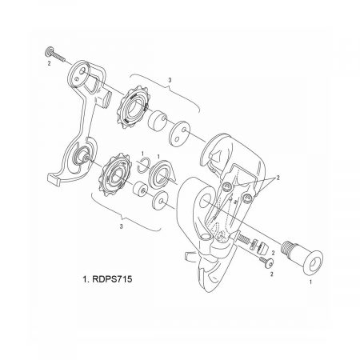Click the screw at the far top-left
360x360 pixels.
[55, 54]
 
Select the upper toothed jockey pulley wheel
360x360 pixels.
[134, 108]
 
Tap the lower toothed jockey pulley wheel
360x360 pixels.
[115, 174]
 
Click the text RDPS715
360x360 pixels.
[112, 279]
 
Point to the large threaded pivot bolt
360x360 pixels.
[302, 255]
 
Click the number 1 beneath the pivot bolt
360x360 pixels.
[310, 282]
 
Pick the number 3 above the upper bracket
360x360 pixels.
[170, 80]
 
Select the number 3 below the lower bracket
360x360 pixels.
[122, 226]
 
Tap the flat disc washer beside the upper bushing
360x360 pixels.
[178, 134]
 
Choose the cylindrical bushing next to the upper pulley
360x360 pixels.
[158, 120]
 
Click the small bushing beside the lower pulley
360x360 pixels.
[140, 189]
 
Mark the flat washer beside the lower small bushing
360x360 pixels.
[160, 201]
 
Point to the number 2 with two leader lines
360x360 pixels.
[278, 178]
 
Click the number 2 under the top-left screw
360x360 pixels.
[49, 63]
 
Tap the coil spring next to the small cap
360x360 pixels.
[254, 245]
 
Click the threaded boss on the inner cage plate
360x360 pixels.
[103, 98]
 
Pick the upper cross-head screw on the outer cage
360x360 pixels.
[227, 186]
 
